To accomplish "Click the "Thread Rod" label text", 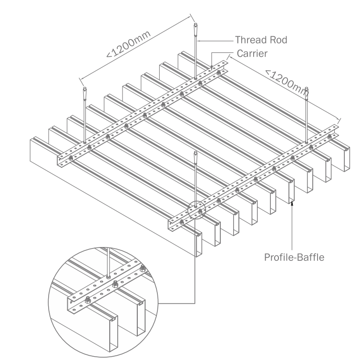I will [x=261, y=40].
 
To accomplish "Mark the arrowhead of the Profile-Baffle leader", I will [x=291, y=204].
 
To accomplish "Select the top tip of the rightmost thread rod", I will [x=307, y=89].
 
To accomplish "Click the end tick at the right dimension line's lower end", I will [x=339, y=119].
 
